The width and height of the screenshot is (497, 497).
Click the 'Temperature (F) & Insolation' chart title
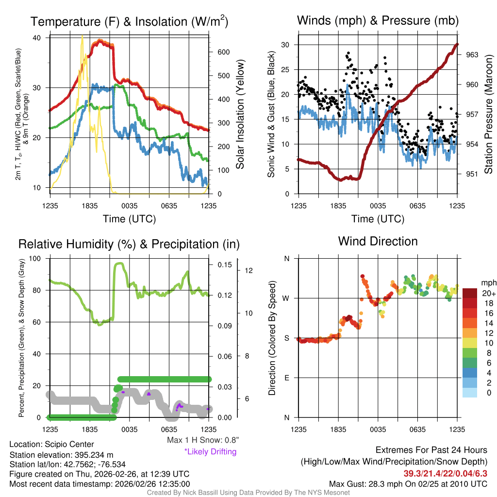(130, 22)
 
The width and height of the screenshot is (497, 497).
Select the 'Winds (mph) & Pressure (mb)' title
(378, 20)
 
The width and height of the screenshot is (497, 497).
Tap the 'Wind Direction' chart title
(378, 241)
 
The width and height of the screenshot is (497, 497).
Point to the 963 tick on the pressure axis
(472, 55)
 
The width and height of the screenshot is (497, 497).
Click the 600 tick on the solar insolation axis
(223, 52)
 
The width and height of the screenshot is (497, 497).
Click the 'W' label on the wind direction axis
(286, 298)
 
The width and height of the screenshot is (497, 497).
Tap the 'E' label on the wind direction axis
(287, 378)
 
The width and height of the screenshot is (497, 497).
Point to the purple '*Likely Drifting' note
(210, 452)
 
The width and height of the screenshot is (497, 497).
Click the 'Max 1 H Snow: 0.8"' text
(202, 440)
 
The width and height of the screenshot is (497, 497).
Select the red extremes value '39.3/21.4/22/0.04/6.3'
(445, 473)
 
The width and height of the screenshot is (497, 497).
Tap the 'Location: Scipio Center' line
(51, 444)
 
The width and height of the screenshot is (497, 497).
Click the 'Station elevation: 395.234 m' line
(61, 454)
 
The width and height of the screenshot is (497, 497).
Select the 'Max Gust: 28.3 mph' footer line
(408, 483)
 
